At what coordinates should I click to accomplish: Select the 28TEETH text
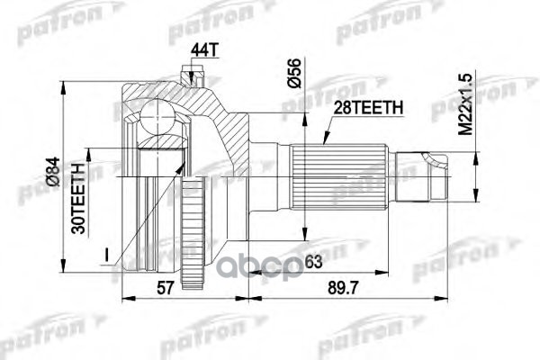pyautogui.click(x=368, y=108)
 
